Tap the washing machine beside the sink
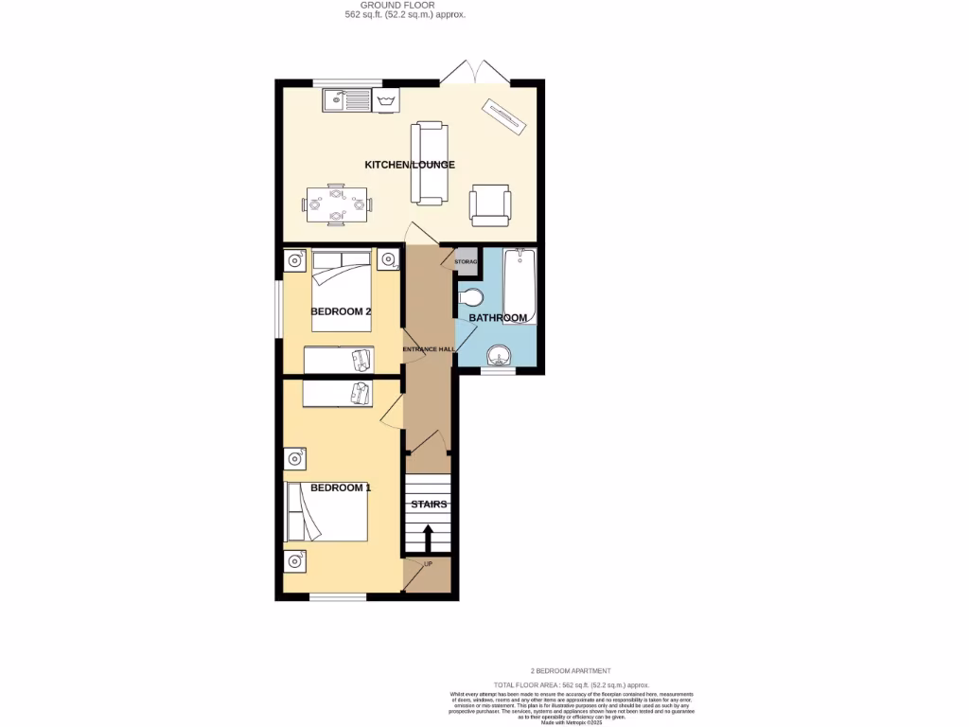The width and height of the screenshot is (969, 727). (385, 99)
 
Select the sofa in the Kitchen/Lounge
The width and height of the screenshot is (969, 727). (429, 163)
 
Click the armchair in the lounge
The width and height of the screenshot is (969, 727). (490, 204)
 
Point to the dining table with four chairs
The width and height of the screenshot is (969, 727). (337, 204)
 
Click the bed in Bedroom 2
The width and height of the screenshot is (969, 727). (341, 291)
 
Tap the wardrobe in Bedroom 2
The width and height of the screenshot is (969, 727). (339, 360)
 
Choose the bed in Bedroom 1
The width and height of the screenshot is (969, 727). (327, 510)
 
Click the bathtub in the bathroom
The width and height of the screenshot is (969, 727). (520, 286)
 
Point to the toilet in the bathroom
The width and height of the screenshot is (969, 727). (470, 298)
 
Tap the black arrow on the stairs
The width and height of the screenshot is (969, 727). (427, 540)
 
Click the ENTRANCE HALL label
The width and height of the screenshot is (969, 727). (429, 349)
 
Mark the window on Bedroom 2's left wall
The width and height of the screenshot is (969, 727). (279, 308)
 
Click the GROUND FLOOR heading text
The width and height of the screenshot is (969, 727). (405, 6)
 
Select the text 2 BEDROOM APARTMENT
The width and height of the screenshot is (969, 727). (571, 670)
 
